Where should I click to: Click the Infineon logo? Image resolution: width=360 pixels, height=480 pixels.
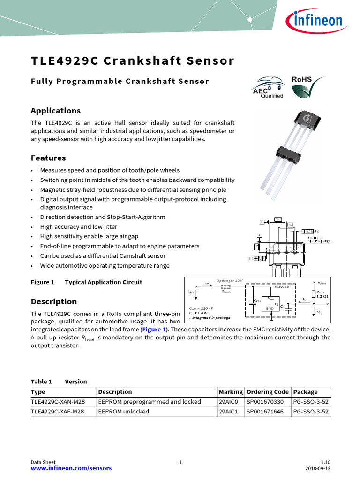[x=315, y=22]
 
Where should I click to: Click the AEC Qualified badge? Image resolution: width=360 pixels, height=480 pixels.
[x=268, y=88]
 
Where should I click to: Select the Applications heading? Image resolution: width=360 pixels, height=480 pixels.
[x=55, y=111]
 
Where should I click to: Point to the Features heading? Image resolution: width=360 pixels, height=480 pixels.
[x=48, y=158]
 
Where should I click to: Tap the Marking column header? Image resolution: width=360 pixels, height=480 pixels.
[x=231, y=392]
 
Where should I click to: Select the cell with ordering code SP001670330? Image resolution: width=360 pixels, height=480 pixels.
[x=265, y=402]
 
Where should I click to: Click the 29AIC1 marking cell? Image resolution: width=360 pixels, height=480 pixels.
[x=229, y=412]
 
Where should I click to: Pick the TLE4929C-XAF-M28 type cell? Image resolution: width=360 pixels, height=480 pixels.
[x=57, y=412]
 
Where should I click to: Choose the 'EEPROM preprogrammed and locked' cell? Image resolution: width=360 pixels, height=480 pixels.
[x=150, y=402]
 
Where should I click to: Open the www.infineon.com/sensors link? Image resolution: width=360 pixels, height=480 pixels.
[x=71, y=468]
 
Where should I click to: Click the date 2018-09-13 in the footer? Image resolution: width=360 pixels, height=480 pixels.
[x=317, y=468]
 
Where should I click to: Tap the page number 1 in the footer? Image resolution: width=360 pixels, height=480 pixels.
[x=180, y=463]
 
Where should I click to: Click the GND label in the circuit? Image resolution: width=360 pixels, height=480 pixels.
[x=270, y=308]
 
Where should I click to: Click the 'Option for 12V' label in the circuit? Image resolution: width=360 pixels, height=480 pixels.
[x=229, y=281]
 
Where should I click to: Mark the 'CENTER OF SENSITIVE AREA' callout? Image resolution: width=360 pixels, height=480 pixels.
[x=319, y=240]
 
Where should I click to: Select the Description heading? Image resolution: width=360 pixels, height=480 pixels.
[x=53, y=301]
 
